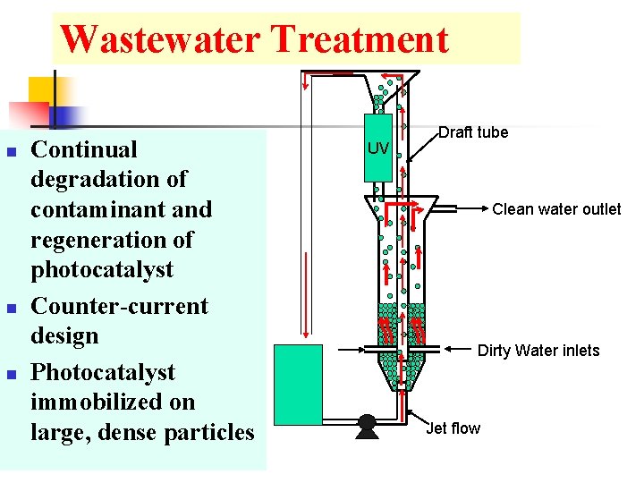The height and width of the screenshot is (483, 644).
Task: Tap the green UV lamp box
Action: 378,148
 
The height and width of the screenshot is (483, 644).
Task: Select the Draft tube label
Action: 473,132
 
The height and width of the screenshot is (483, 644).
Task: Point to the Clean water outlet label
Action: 556,209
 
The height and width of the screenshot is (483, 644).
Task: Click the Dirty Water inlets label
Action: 538,351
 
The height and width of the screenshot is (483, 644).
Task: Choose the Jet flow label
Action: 453,428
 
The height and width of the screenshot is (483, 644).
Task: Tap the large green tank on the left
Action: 298,384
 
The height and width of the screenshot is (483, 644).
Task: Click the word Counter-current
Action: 119,306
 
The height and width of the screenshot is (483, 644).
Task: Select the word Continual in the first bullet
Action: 84,149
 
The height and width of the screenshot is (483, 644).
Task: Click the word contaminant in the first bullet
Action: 99,209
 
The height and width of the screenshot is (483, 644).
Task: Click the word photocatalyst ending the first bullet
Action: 102,269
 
